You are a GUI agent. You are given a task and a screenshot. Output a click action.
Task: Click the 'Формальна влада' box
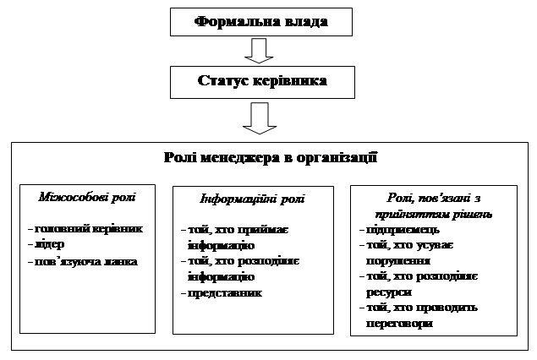pyautogui.click(x=261, y=22)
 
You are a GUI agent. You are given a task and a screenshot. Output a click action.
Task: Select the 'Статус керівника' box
pyautogui.click(x=262, y=82)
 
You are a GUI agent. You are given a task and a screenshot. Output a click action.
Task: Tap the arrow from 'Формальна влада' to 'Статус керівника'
pyautogui.click(x=259, y=51)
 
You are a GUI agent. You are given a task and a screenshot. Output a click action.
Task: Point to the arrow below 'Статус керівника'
pyautogui.click(x=260, y=118)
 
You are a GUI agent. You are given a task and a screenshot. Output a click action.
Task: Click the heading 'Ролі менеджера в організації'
pyautogui.click(x=271, y=157)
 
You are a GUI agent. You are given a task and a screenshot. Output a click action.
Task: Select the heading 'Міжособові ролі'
pyautogui.click(x=87, y=197)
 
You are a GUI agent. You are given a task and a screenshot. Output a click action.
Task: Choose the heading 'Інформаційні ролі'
pyautogui.click(x=252, y=199)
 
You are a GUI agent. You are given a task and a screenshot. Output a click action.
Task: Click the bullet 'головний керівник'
pyautogui.click(x=85, y=229)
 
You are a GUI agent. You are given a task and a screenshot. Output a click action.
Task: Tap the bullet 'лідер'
pyautogui.click(x=47, y=244)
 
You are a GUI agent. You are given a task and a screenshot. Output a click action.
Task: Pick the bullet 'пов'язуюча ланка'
pyautogui.click(x=83, y=262)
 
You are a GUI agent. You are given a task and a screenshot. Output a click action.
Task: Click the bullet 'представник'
pyautogui.click(x=222, y=293)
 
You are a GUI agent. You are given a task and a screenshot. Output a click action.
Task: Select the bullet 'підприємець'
pyautogui.click(x=399, y=230)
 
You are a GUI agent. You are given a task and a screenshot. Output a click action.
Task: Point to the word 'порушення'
pyautogui.click(x=398, y=261)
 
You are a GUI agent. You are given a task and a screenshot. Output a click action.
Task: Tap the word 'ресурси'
pyautogui.click(x=389, y=292)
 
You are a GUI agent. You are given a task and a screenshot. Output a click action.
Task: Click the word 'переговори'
pyautogui.click(x=399, y=324)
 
